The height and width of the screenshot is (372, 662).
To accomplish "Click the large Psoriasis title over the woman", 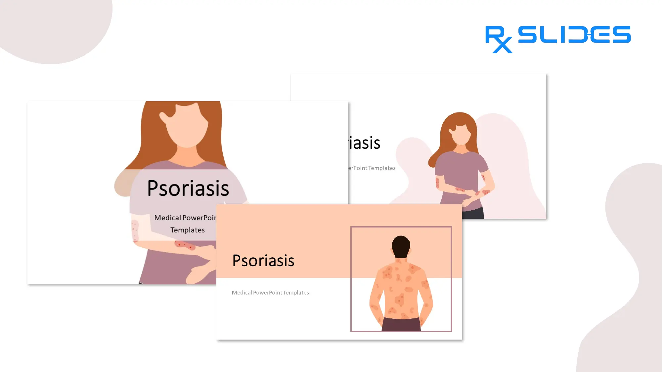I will [x=188, y=188].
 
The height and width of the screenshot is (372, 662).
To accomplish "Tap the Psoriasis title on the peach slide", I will [x=263, y=261].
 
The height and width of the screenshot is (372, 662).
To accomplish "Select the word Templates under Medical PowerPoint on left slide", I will [x=188, y=230].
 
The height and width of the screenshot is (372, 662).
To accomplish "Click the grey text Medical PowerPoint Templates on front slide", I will [x=270, y=293].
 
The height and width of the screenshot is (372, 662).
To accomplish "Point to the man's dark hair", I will [x=401, y=245].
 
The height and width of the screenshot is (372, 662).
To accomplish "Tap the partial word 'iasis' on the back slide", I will [x=365, y=143].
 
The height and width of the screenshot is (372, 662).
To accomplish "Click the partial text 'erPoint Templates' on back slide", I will [x=372, y=168].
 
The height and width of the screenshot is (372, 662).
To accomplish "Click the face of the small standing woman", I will [x=461, y=134].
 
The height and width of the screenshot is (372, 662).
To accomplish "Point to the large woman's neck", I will [x=187, y=154].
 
